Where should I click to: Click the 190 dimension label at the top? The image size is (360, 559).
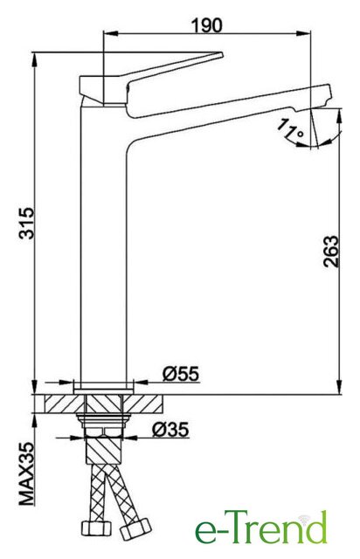pyautogui.click(x=206, y=25)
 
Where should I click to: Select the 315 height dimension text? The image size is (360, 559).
pyautogui.click(x=27, y=223)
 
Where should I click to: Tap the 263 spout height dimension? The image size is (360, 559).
pyautogui.click(x=330, y=252)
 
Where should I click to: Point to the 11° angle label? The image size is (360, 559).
pyautogui.click(x=290, y=129)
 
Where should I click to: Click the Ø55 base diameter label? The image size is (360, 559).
pyautogui.click(x=181, y=375)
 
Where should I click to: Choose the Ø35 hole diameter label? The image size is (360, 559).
pyautogui.click(x=170, y=430)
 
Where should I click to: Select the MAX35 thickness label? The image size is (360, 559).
pyautogui.click(x=27, y=473)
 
